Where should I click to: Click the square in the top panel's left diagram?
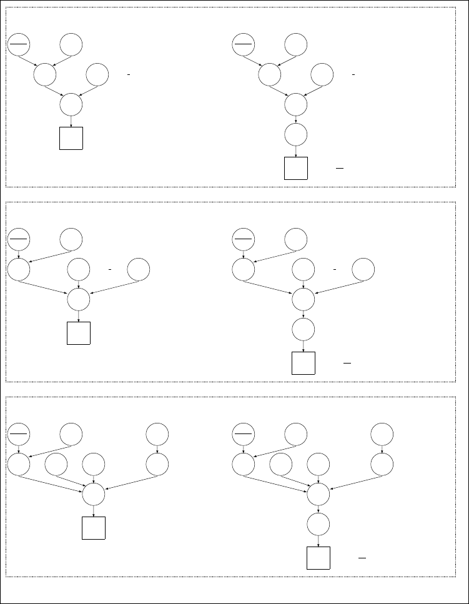[71, 138]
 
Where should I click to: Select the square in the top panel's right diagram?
[296, 168]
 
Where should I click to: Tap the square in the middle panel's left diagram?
[79, 332]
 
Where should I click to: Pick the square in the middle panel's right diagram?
[304, 363]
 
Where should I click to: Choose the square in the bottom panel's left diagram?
[94, 528]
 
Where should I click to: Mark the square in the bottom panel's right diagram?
[318, 558]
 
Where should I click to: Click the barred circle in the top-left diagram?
[19, 44]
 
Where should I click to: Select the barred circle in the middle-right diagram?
[244, 239]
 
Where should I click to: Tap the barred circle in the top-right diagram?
[244, 44]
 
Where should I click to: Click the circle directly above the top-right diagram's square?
[296, 134]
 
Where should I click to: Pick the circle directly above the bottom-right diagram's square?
[318, 524]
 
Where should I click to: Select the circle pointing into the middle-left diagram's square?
[79, 299]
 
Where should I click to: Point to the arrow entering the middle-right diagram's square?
[304, 346]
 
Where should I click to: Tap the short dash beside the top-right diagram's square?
[340, 169]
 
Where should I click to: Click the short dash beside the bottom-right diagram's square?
[362, 558]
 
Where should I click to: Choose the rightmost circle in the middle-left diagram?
[139, 269]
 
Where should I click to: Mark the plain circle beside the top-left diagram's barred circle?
[71, 44]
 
